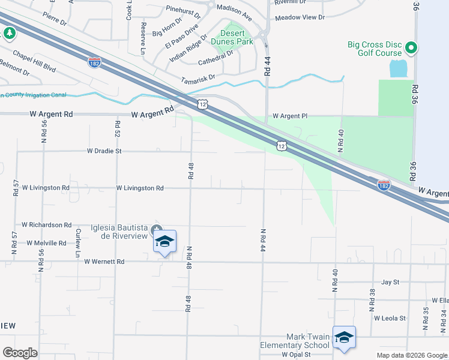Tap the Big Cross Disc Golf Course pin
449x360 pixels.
pyautogui.click(x=411, y=47)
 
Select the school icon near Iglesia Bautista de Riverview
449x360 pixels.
pyautogui.click(x=164, y=242)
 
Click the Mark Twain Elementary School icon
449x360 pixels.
pyautogui.click(x=345, y=338)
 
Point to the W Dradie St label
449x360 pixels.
pyautogui.click(x=104, y=151)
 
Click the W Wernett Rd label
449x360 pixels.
pyautogui.click(x=104, y=262)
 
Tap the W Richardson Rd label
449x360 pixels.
pyautogui.click(x=46, y=224)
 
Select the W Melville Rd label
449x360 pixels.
pyautogui.click(x=46, y=243)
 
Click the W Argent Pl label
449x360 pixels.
pyautogui.click(x=291, y=116)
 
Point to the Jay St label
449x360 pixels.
pyautogui.click(x=390, y=281)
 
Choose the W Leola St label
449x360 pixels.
pyautogui.click(x=390, y=318)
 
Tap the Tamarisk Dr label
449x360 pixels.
pyautogui.click(x=198, y=79)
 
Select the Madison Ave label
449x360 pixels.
pyautogui.click(x=234, y=8)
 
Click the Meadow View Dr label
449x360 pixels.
pyautogui.click(x=300, y=17)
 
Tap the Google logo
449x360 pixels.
pyautogui.click(x=20, y=353)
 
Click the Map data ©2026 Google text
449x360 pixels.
pyautogui.click(x=411, y=355)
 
